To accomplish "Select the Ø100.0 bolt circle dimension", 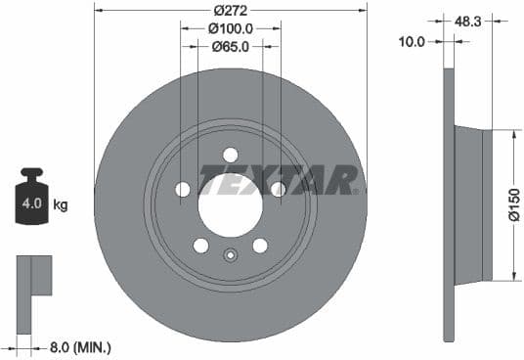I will (x=230, y=29).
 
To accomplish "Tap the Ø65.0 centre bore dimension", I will (x=230, y=45).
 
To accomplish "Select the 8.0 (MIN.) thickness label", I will (x=80, y=346).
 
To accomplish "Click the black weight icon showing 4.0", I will (x=30, y=202).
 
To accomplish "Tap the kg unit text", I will (x=61, y=205).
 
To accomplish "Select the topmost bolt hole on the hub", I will (x=230, y=155).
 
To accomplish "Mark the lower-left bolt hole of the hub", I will (x=200, y=245).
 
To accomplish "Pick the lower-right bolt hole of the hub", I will (x=260, y=245).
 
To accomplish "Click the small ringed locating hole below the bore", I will (x=230, y=257).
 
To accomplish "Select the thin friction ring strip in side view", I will (x=449, y=204).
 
